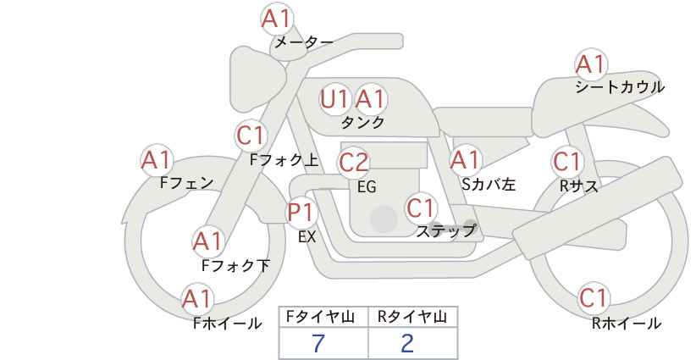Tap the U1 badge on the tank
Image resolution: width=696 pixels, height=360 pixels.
click(x=335, y=99)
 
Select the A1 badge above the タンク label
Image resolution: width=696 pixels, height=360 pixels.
click(x=370, y=99)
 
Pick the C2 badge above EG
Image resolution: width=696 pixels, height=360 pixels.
click(x=354, y=162)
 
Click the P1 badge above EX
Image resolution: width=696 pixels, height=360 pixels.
click(x=301, y=213)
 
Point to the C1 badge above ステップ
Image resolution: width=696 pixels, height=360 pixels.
click(x=421, y=208)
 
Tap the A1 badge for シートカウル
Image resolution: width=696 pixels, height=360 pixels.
click(x=590, y=64)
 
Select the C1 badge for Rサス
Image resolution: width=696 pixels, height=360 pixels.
click(x=567, y=162)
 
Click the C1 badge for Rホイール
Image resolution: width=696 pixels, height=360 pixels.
click(x=594, y=298)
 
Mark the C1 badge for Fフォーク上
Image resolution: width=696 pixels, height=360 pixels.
click(x=251, y=136)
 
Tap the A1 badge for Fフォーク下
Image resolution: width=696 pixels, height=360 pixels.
click(x=207, y=241)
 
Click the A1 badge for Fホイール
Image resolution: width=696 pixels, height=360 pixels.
click(x=197, y=299)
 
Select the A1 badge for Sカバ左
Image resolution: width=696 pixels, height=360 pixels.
click(x=465, y=159)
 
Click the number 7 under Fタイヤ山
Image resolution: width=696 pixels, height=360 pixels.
click(x=318, y=343)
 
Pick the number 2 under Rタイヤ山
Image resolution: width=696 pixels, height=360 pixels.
click(x=407, y=343)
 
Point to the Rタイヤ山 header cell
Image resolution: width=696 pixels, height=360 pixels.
click(x=412, y=317)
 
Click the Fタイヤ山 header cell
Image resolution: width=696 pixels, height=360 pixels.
click(x=323, y=317)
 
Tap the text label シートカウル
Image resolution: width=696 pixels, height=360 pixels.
click(x=619, y=87)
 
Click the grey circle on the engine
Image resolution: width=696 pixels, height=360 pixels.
click(x=384, y=219)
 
